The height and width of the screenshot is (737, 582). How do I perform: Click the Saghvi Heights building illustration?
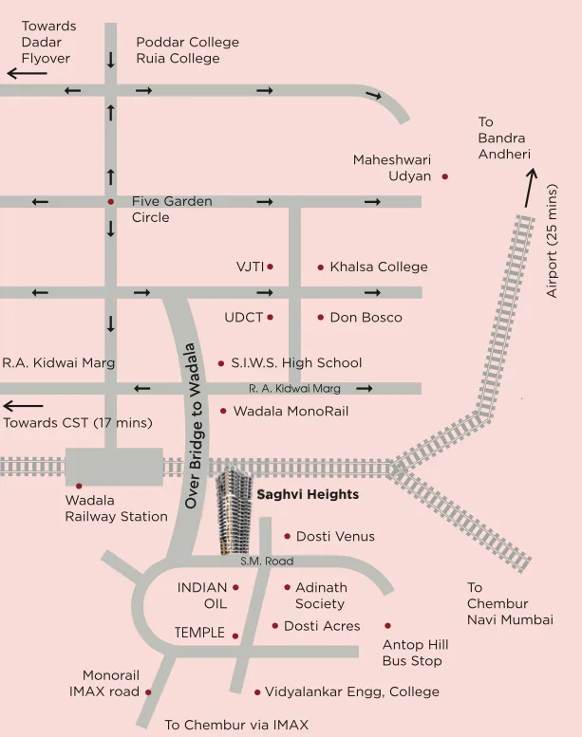[233, 512]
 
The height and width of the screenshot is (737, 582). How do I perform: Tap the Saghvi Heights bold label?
[308, 495]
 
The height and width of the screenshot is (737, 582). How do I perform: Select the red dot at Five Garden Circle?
[111, 202]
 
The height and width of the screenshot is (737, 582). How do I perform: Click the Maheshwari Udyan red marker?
[444, 176]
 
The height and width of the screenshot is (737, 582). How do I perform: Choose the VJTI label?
[250, 267]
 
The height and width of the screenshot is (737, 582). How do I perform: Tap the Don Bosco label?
[366, 318]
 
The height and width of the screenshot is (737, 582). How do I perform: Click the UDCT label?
[243, 318]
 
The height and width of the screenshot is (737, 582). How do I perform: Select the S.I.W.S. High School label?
[296, 363]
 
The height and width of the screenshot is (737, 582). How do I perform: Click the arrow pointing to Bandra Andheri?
[529, 188]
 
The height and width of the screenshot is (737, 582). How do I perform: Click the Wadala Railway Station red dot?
[80, 486]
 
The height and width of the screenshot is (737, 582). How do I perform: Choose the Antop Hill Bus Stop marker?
[387, 626]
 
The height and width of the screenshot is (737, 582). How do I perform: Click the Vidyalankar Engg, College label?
[351, 692]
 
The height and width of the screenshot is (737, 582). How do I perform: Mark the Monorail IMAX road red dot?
[148, 692]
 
